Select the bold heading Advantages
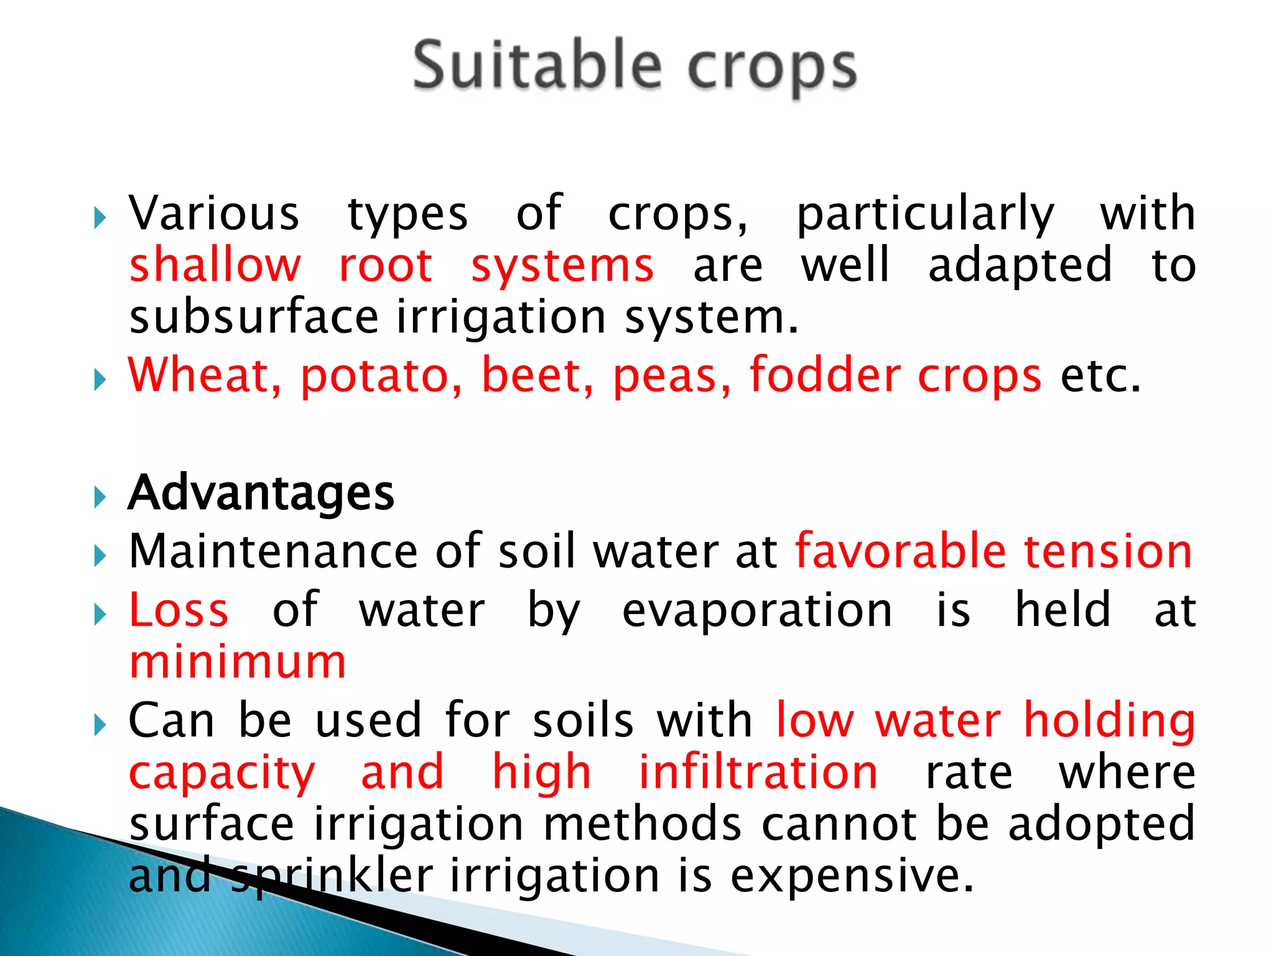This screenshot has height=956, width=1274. tap(261, 493)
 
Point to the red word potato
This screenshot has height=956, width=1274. tap(381, 377)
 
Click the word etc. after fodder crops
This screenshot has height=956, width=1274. tap(1100, 377)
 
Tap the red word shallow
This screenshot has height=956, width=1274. tap(215, 265)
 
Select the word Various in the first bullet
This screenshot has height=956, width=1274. tap(214, 213)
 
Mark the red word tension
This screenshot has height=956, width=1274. tap(1108, 551)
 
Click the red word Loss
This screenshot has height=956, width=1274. tap(179, 610)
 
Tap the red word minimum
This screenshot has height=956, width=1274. tap(238, 662)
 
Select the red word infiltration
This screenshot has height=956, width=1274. tap(758, 772)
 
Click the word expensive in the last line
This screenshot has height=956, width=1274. tap(851, 876)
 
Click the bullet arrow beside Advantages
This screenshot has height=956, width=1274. tap(100, 497)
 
